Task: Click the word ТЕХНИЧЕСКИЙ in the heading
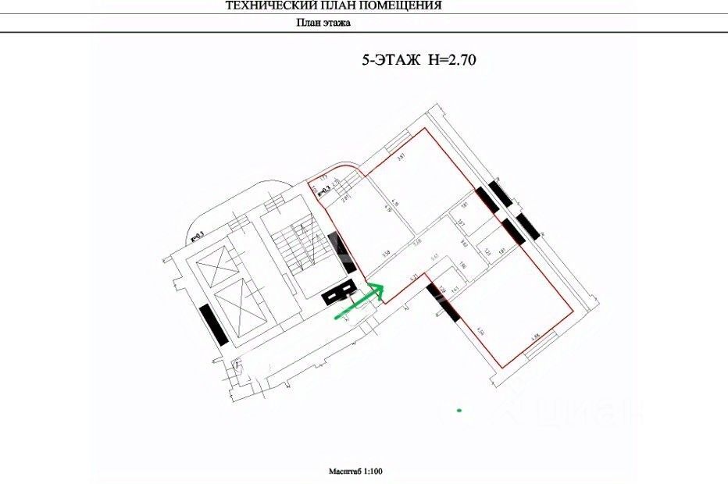tap(265, 5)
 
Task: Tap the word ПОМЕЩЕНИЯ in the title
tap(406, 5)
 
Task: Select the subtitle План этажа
tap(323, 23)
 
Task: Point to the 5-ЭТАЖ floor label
tap(388, 59)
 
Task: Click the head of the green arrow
tap(378, 290)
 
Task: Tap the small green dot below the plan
tap(460, 409)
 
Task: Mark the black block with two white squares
tap(341, 294)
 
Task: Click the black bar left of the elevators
tap(213, 325)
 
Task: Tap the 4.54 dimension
tap(482, 331)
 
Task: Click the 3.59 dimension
tap(385, 254)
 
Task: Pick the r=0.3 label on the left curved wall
tap(197, 234)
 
